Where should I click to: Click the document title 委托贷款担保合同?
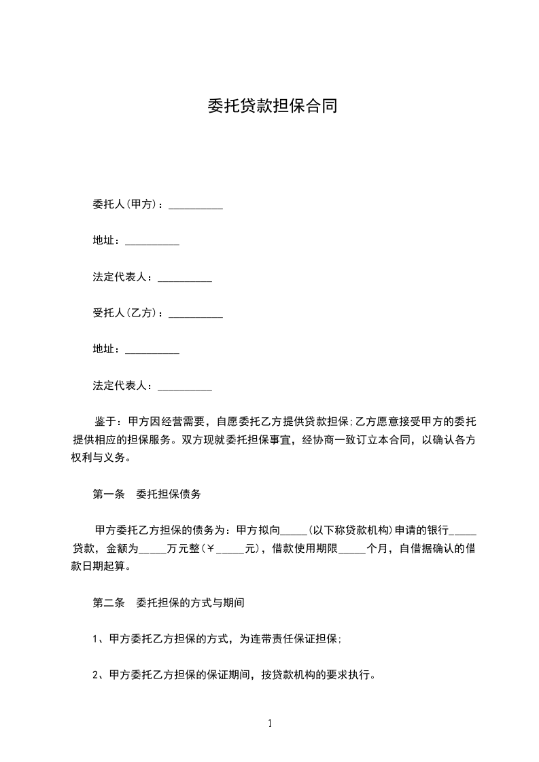pos(272,107)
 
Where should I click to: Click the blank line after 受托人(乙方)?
pos(195,316)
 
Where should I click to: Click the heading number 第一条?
pos(108,494)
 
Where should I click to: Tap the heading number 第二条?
pos(108,602)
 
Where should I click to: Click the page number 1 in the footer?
pos(270,723)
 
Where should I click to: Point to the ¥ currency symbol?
pos(211,549)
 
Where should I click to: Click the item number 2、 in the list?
pos(97,676)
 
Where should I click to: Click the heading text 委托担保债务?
pos(169,494)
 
